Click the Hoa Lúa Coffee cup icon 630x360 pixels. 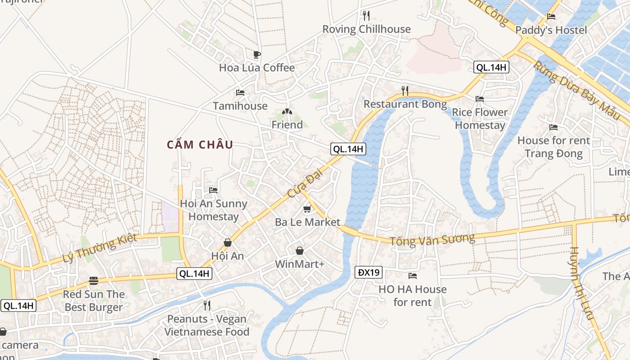coord(256,55)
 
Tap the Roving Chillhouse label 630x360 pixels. coord(366,29)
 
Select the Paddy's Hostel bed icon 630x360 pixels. coord(551,17)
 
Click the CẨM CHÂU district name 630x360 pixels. coord(200,145)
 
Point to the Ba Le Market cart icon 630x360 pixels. coord(307,209)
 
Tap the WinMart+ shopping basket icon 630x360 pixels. coord(300,251)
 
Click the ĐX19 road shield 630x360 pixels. coord(369,272)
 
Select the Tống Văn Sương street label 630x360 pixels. coord(432,239)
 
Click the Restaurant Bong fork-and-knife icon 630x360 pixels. coord(405,91)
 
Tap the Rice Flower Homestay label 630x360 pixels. coord(480,119)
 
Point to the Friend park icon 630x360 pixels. coord(287,112)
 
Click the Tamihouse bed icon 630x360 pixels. coord(240,93)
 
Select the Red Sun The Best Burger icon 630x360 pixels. coord(93,281)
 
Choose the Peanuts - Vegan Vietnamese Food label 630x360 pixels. coord(207,325)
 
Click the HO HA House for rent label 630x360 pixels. coord(412,295)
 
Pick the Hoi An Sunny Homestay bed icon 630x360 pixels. coord(213,190)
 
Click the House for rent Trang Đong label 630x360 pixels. coord(553,147)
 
